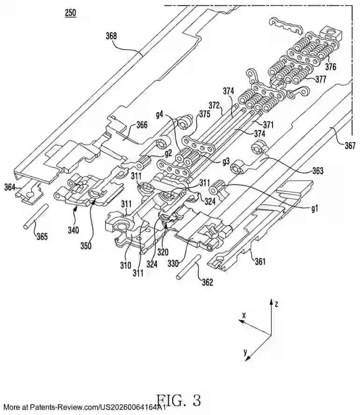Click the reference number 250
click(70, 13)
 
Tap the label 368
click(111, 36)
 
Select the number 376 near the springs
click(331, 67)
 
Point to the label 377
click(320, 79)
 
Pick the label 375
click(204, 113)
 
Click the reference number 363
click(318, 171)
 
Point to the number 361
click(259, 262)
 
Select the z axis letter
click(277, 304)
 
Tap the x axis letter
click(244, 315)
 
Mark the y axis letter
click(245, 353)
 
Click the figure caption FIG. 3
click(178, 401)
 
